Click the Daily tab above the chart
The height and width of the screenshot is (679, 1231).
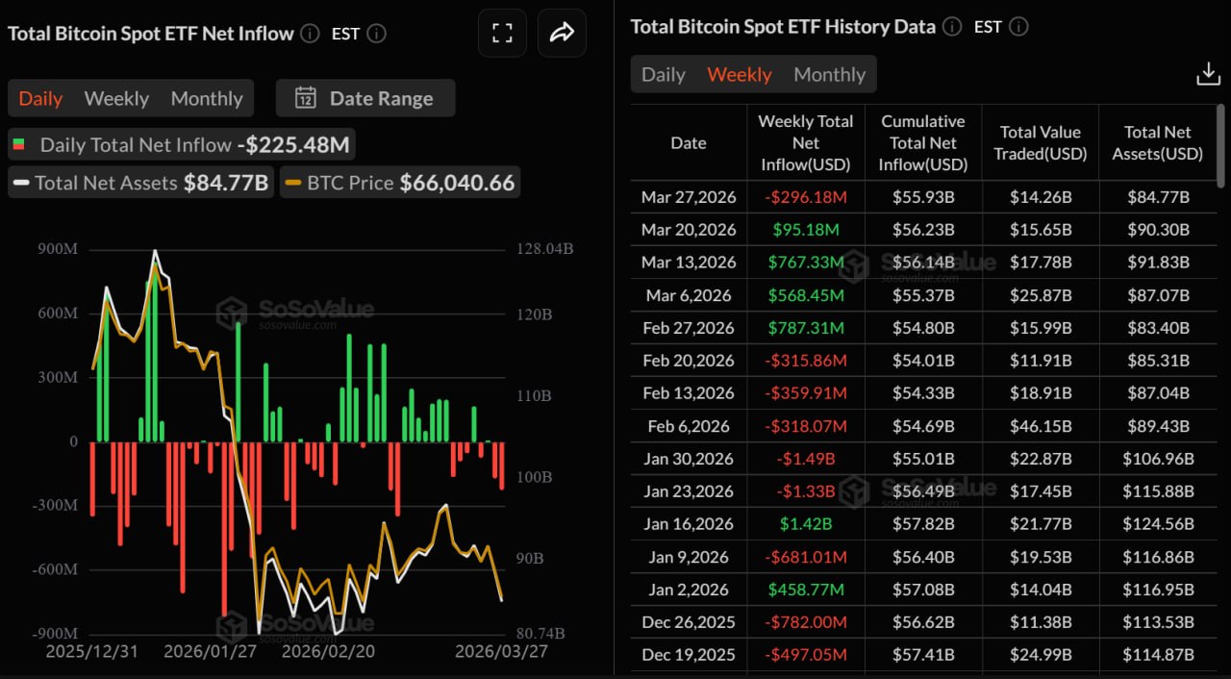pos(40,98)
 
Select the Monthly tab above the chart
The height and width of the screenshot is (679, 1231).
pos(206,98)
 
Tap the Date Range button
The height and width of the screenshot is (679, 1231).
pos(365,98)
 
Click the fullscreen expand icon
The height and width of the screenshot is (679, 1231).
pos(502,34)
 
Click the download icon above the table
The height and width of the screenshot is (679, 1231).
pos(1208,74)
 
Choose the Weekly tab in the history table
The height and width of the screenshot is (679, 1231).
pos(739,74)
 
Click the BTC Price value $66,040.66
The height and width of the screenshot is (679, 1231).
pos(457,183)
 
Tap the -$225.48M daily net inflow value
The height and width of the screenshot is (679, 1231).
pos(295,145)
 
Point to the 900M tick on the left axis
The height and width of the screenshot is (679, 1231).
pos(59,250)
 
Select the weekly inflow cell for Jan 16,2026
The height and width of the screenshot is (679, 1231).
pos(805,524)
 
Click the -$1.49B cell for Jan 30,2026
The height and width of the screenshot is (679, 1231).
pos(805,459)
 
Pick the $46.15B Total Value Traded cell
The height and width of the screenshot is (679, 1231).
pos(1040,426)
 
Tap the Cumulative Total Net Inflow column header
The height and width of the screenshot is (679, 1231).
pos(922,142)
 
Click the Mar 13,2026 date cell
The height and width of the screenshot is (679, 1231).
pos(688,263)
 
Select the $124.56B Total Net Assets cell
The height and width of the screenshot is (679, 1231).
pos(1157,524)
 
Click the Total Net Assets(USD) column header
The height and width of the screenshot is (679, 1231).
pos(1157,142)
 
